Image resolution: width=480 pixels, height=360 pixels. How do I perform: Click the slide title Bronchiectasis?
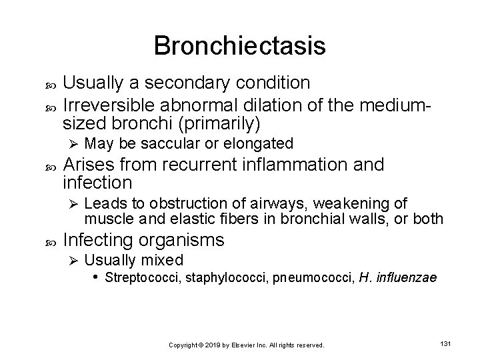[239, 46]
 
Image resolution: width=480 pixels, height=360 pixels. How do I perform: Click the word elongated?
[261, 143]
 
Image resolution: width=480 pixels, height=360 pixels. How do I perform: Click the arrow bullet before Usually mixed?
[75, 260]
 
